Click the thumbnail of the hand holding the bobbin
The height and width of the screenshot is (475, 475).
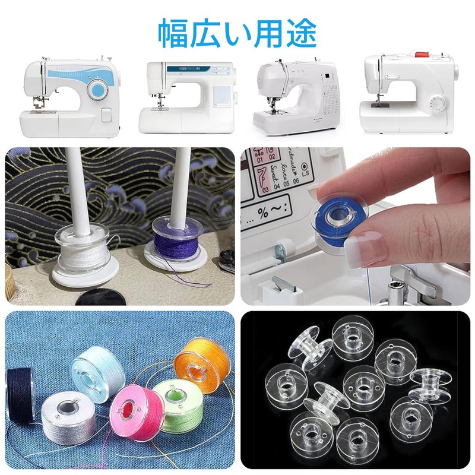click(355, 226)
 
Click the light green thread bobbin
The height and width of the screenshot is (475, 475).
click(178, 404)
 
